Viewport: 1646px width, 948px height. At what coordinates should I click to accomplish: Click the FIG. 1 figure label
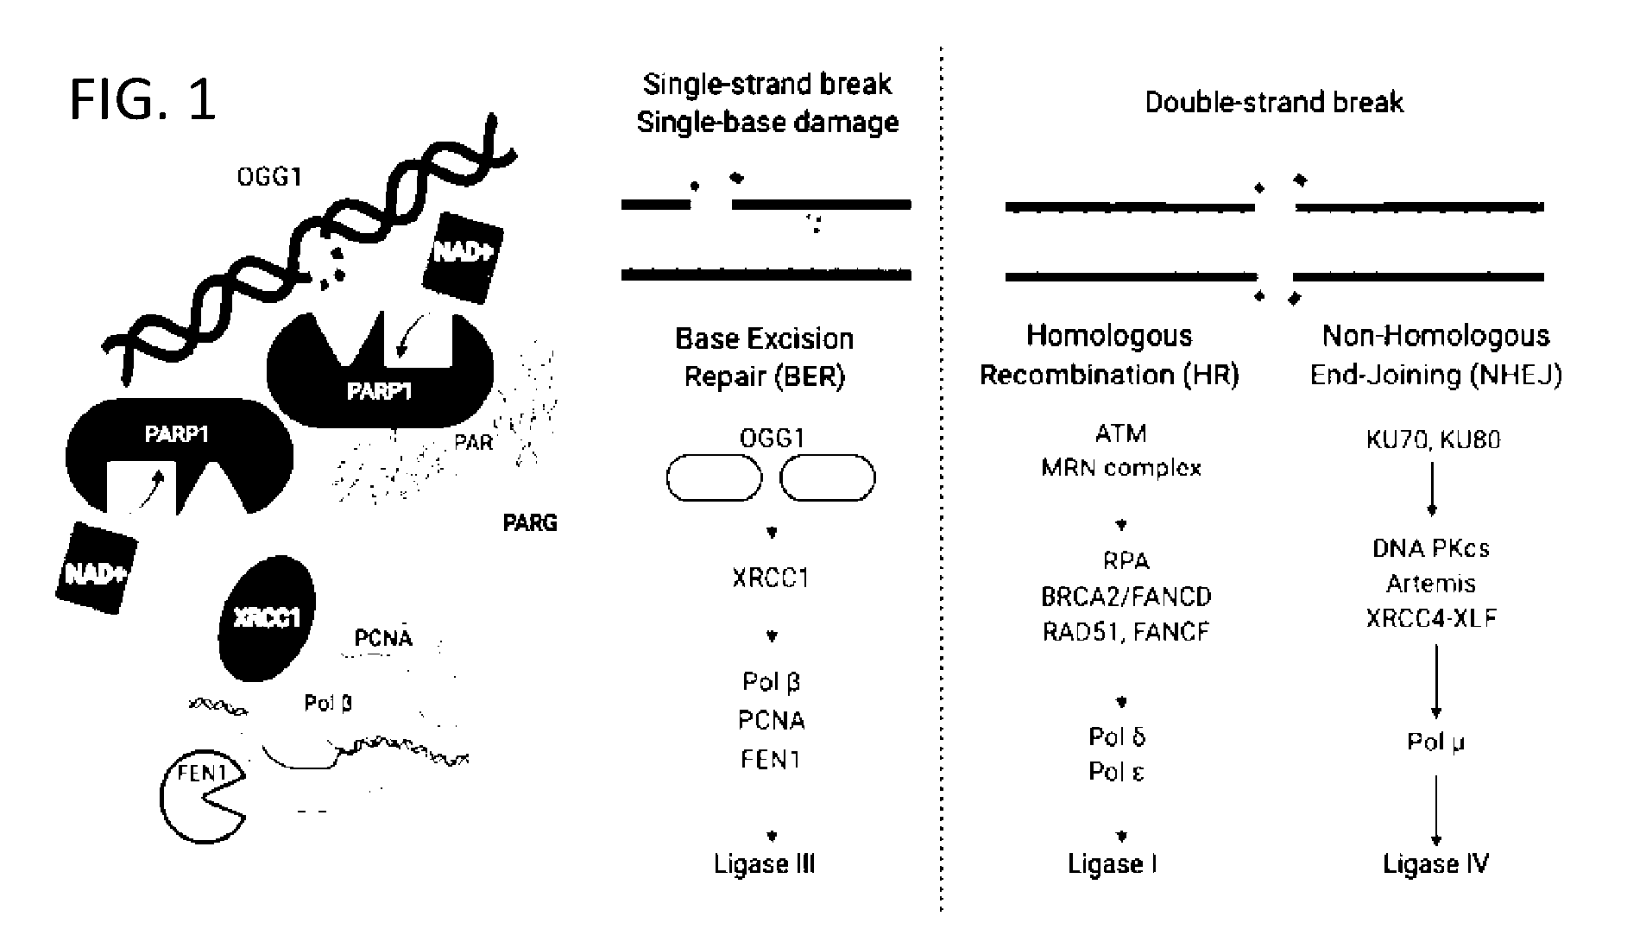[x=142, y=99]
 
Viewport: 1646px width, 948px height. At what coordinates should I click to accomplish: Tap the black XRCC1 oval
[x=267, y=618]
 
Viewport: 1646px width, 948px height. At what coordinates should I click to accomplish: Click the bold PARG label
[x=530, y=522]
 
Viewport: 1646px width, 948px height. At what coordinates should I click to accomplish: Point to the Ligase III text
[x=764, y=864]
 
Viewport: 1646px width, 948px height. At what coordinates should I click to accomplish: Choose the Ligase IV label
[x=1436, y=864]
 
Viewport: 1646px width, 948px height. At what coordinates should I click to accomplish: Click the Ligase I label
[x=1113, y=864]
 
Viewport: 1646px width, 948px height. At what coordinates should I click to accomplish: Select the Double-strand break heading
[x=1274, y=103]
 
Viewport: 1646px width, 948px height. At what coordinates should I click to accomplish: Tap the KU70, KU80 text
[x=1433, y=439]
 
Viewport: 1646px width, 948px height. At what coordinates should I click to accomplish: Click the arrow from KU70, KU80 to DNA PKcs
[x=1433, y=490]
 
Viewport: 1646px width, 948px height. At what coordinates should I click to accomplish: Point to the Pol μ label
[x=1436, y=742]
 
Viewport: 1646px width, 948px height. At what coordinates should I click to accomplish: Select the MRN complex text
[x=1121, y=468]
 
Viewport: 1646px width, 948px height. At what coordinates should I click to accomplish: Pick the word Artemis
[x=1430, y=584]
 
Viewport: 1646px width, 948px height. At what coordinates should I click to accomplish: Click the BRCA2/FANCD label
[x=1126, y=597]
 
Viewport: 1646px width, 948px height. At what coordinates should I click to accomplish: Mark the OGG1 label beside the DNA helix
[x=269, y=177]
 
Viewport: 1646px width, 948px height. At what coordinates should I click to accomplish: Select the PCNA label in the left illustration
[x=383, y=638]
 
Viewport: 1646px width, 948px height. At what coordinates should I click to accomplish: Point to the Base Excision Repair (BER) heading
[x=765, y=357]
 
